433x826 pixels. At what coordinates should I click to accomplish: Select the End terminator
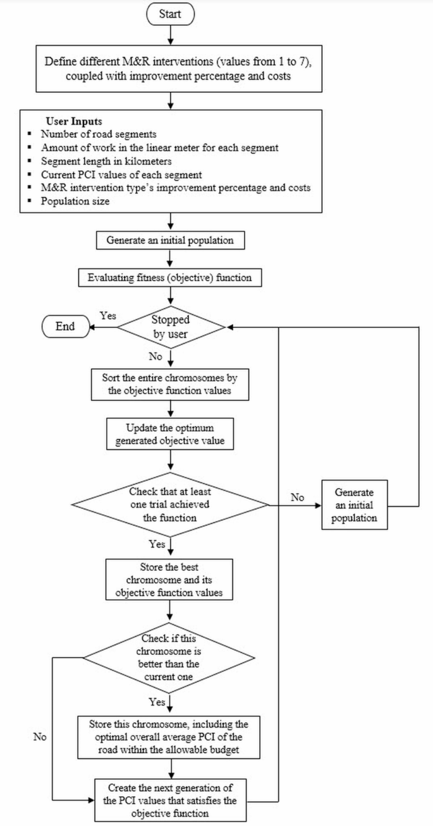click(x=64, y=326)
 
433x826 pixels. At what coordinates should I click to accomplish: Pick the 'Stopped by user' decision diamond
click(x=171, y=326)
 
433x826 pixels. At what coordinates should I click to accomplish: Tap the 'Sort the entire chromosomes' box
click(x=170, y=383)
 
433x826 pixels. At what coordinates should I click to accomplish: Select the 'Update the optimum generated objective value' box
click(x=170, y=433)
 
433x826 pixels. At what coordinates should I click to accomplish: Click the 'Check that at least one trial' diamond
click(x=171, y=505)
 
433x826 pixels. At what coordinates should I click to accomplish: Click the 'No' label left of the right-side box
click(x=297, y=497)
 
